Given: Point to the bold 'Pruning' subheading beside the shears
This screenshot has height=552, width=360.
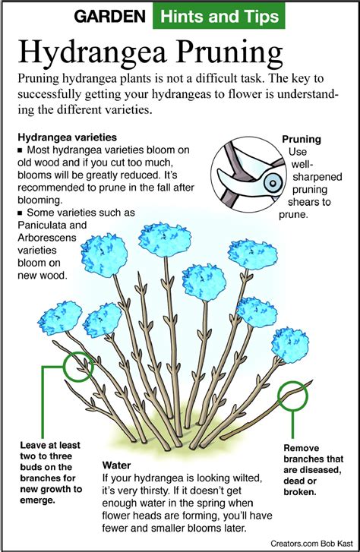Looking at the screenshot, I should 302,140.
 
